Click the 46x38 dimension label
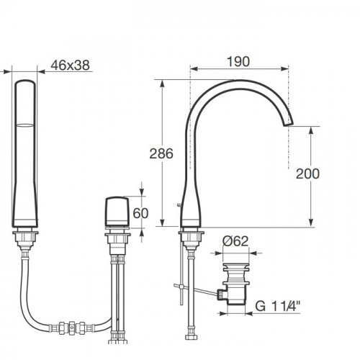click(x=70, y=65)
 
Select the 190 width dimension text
click(x=238, y=61)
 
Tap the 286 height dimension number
click(x=161, y=153)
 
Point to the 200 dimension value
click(x=307, y=174)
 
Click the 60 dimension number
click(x=140, y=213)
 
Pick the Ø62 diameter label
click(x=235, y=241)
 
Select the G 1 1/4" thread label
click(x=278, y=306)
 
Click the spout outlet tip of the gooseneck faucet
click(x=289, y=123)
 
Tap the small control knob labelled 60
click(x=117, y=212)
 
